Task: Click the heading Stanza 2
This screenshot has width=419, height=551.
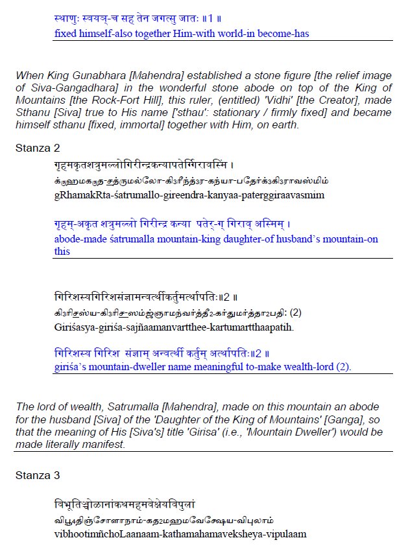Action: (38, 148)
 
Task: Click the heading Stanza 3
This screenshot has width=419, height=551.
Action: (38, 475)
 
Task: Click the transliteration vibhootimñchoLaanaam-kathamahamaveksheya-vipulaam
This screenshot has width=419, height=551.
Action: (171, 534)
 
